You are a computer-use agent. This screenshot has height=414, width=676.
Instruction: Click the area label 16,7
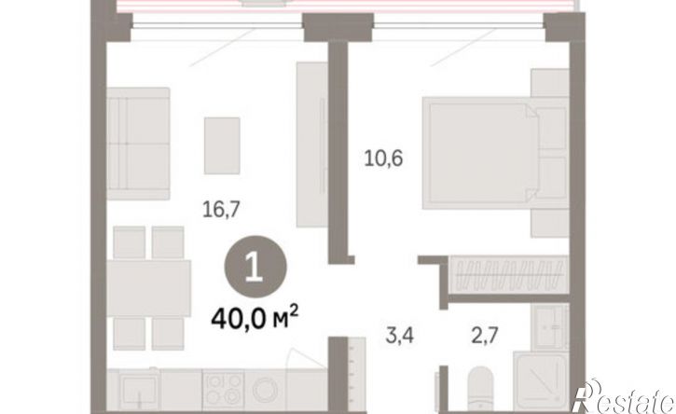pyautogui.click(x=221, y=210)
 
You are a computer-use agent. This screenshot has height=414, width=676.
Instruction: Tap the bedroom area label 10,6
pyautogui.click(x=383, y=159)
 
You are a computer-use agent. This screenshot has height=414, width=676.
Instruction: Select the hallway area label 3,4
pyautogui.click(x=400, y=335)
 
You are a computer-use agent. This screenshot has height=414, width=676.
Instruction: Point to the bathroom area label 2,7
pyautogui.click(x=485, y=335)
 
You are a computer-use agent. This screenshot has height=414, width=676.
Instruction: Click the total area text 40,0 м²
pyautogui.click(x=255, y=319)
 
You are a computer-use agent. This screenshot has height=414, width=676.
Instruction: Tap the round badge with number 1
pyautogui.click(x=255, y=267)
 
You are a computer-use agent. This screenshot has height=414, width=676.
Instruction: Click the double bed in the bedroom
pyautogui.click(x=496, y=153)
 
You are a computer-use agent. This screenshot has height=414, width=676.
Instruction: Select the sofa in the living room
pyautogui.click(x=138, y=144)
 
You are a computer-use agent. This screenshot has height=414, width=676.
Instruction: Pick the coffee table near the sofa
pyautogui.click(x=222, y=145)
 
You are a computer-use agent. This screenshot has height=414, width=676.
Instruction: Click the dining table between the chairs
pyautogui.click(x=149, y=288)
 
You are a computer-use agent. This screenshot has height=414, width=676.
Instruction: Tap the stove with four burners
pyautogui.click(x=224, y=390)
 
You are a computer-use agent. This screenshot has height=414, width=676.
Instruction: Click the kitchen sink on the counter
pyautogui.click(x=139, y=391)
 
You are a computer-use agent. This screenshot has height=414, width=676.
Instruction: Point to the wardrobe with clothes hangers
pyautogui.click(x=509, y=275)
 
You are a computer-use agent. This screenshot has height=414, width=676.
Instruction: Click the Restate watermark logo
pyautogui.click(x=624, y=397)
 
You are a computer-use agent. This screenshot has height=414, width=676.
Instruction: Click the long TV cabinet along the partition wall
pyautogui.click(x=312, y=145)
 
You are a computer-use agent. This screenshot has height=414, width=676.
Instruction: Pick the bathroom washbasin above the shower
pyautogui.click(x=550, y=326)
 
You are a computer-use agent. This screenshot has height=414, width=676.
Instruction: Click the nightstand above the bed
pyautogui.click(x=550, y=83)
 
